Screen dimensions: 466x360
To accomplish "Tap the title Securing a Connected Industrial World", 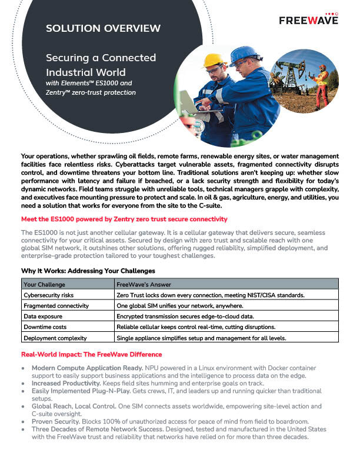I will pyautogui.click(x=101, y=65).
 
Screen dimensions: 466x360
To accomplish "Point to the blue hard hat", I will pyautogui.click(x=244, y=55).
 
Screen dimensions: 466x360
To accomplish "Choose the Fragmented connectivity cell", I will pyautogui.click(x=56, y=305).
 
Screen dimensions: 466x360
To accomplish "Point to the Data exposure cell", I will pyautogui.click(x=44, y=317).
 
